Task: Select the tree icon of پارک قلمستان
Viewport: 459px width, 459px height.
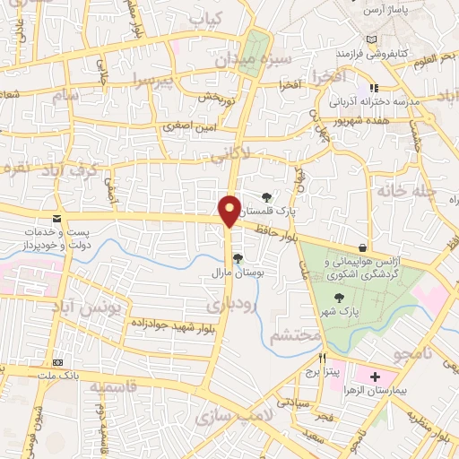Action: [265, 197]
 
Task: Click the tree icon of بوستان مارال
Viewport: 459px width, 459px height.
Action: [238, 258]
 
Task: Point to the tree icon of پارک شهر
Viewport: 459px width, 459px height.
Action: [338, 299]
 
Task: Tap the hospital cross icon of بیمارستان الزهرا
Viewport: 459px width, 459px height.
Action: [375, 376]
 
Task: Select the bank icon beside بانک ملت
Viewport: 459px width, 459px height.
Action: [58, 361]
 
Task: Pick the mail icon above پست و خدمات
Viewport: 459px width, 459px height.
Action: [57, 219]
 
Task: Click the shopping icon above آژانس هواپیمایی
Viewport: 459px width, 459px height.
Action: [362, 247]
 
